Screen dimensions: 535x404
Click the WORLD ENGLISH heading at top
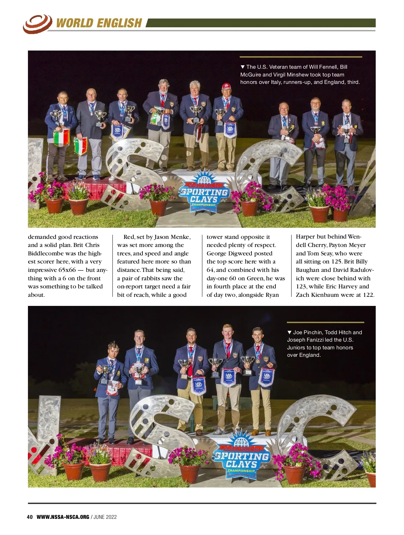click(x=99, y=23)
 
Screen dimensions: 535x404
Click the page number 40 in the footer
click(x=30, y=517)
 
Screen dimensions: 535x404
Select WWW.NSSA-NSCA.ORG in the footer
click(x=63, y=517)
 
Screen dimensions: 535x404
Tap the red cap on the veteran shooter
click(x=226, y=86)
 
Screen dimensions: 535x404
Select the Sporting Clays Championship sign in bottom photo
click(x=242, y=459)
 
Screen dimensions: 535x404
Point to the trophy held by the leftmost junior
click(x=105, y=373)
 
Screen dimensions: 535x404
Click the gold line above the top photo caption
click(x=301, y=57)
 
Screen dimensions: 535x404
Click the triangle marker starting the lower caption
click(x=289, y=333)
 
